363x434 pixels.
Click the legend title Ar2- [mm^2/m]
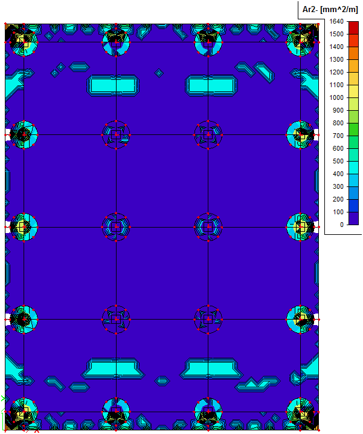[x=330, y=10]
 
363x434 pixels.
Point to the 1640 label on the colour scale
[x=336, y=22]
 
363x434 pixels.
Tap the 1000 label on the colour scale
[x=336, y=97]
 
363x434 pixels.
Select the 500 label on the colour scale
[x=338, y=161]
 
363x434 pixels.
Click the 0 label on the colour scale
[x=342, y=225]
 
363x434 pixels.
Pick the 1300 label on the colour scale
[x=336, y=59]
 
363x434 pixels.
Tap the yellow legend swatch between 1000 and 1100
[x=353, y=91]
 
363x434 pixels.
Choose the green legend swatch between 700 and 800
[x=353, y=130]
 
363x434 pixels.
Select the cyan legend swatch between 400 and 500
[x=353, y=168]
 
